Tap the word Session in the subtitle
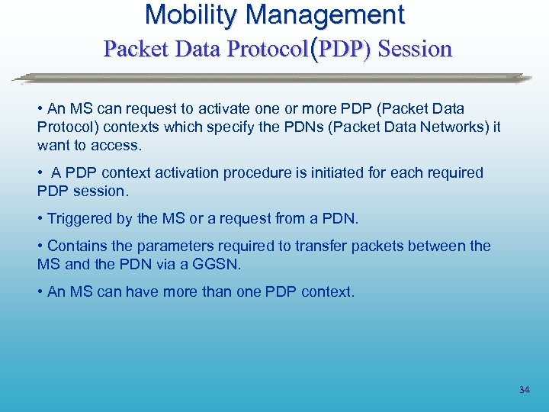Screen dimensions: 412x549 coord(415,49)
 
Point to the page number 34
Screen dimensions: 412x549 coord(524,390)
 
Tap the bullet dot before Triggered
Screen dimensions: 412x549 coord(40,220)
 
